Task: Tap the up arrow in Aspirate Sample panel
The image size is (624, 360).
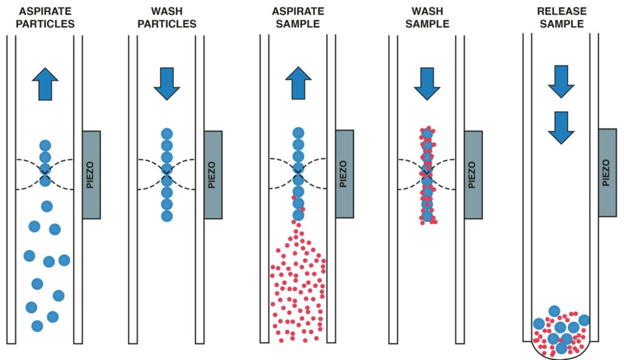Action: click(x=298, y=83)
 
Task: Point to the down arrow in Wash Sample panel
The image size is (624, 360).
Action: click(x=427, y=84)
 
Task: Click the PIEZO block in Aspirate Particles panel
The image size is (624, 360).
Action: click(x=92, y=175)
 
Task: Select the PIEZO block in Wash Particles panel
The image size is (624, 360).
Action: click(x=213, y=175)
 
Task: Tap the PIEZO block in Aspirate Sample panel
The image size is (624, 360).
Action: click(x=344, y=174)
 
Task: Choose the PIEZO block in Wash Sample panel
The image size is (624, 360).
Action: click(x=473, y=175)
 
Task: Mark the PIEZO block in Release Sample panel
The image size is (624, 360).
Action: click(x=607, y=172)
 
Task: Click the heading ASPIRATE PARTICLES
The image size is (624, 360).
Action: click(x=46, y=18)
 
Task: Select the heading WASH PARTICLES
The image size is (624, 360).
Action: click(x=167, y=18)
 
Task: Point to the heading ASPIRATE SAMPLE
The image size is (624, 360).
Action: click(x=298, y=18)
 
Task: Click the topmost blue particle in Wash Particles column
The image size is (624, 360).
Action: click(x=167, y=134)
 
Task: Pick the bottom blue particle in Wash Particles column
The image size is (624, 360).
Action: click(x=167, y=216)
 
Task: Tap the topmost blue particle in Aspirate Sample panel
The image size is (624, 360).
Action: click(x=298, y=134)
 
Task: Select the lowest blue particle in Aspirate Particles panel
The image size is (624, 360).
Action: click(x=37, y=326)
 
